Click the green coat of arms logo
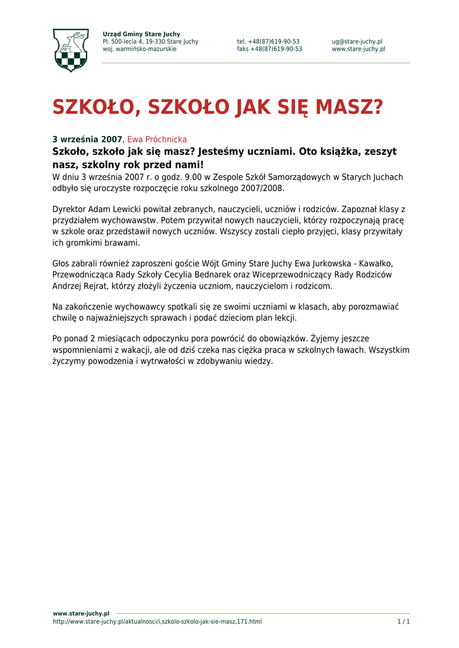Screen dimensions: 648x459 coord(70,50)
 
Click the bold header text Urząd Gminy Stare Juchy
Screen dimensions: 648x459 coord(141,34)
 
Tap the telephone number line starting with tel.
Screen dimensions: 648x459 coord(268,42)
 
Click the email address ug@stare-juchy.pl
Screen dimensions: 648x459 coord(357,42)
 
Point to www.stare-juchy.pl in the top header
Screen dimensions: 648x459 coord(358,49)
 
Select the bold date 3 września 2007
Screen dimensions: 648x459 coord(87,139)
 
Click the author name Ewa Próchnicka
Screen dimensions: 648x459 coord(157,139)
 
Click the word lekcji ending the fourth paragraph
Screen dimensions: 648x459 coord(284,318)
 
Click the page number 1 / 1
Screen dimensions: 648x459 coord(403,621)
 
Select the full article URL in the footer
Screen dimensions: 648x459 coord(157,621)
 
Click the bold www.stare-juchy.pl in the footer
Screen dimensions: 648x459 coord(81,613)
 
